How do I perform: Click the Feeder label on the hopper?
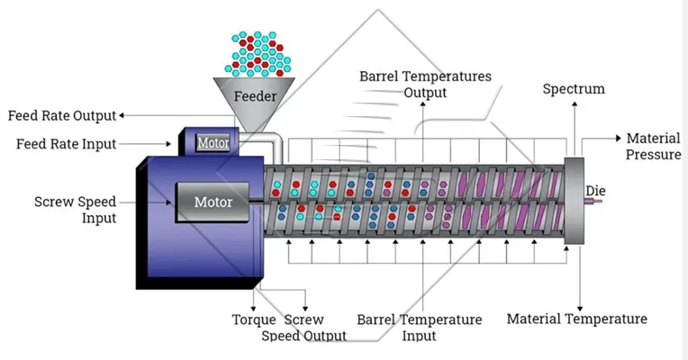tap(255, 95)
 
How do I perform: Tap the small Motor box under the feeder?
tap(213, 142)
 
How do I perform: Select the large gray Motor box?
tap(213, 202)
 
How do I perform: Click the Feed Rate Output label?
tap(62, 116)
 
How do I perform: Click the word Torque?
tap(254, 319)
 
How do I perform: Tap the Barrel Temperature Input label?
tap(419, 328)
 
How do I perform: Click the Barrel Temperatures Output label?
tap(425, 84)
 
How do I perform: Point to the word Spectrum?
tap(573, 89)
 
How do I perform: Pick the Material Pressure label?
tap(653, 147)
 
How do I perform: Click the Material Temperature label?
tap(576, 319)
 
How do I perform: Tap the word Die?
tap(595, 191)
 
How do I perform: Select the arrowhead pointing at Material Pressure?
tap(618, 139)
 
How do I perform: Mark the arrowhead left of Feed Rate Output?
tap(123, 115)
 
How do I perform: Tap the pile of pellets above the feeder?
tap(258, 53)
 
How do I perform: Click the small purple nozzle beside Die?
tap(593, 203)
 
